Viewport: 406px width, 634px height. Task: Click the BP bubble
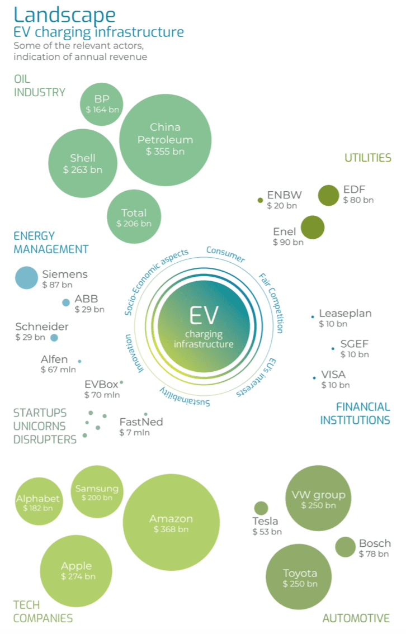tap(101, 104)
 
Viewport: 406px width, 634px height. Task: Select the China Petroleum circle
tap(165, 139)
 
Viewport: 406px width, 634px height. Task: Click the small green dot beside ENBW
tap(260, 200)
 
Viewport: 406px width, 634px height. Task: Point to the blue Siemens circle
tap(25, 278)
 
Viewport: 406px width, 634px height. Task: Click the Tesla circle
tap(261, 508)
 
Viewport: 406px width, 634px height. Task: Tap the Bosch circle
tap(345, 547)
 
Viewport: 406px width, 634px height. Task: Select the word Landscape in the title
tap(65, 15)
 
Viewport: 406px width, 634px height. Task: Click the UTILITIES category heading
tap(367, 158)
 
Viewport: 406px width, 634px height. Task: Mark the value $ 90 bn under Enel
tap(288, 242)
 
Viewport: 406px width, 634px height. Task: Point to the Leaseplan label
tap(345, 314)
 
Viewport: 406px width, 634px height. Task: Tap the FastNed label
tap(141, 422)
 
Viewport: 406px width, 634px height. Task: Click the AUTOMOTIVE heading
tap(356, 618)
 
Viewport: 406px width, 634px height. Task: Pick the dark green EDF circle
tap(328, 196)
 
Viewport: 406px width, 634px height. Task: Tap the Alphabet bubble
tap(37, 501)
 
